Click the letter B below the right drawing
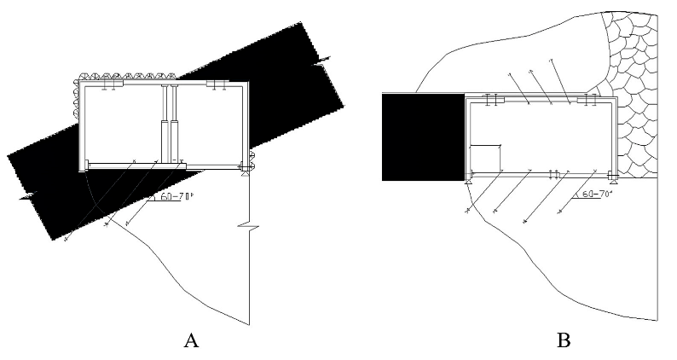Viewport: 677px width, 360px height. tap(564, 341)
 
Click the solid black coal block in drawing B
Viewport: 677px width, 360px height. tap(422, 136)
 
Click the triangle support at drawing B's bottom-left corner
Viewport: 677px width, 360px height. tap(468, 180)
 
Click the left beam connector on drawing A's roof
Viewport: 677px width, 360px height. tap(108, 86)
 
